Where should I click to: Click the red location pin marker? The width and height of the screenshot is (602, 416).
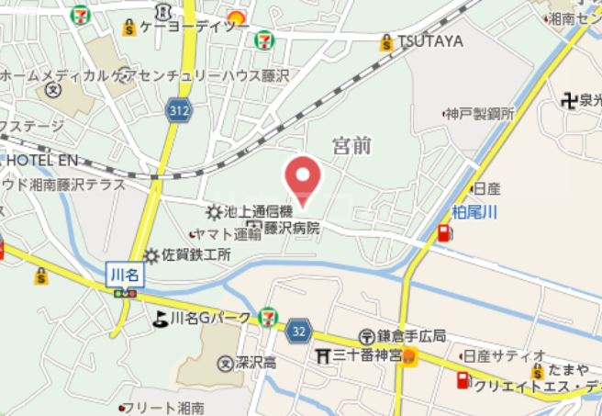click(304, 176)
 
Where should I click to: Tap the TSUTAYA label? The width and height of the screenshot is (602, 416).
click(430, 41)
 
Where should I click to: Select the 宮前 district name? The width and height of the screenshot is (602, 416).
click(352, 144)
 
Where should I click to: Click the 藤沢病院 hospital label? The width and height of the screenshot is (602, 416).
click(293, 227)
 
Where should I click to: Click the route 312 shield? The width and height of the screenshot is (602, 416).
click(180, 111)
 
